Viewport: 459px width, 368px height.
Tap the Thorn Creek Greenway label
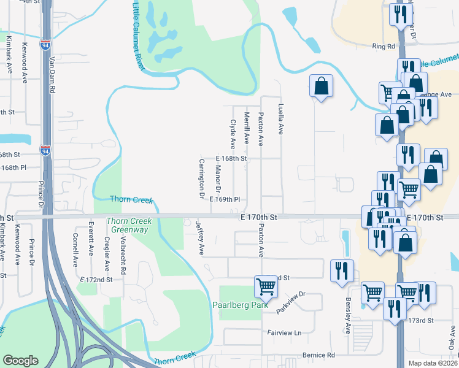(x=127, y=225)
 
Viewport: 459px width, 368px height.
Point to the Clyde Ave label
(x=233, y=134)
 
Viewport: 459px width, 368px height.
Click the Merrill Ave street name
(x=247, y=128)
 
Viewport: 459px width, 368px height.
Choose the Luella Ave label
(x=281, y=119)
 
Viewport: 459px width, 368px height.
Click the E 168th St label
(x=231, y=158)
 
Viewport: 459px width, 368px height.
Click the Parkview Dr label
(x=290, y=302)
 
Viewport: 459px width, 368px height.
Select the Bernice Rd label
(x=318, y=355)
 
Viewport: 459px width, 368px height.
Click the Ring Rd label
(x=383, y=47)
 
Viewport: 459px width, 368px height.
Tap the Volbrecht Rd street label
(x=123, y=260)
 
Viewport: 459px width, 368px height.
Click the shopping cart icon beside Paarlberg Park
(x=266, y=286)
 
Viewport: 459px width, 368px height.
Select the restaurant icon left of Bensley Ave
(x=342, y=270)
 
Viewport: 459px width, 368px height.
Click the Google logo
(x=20, y=361)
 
